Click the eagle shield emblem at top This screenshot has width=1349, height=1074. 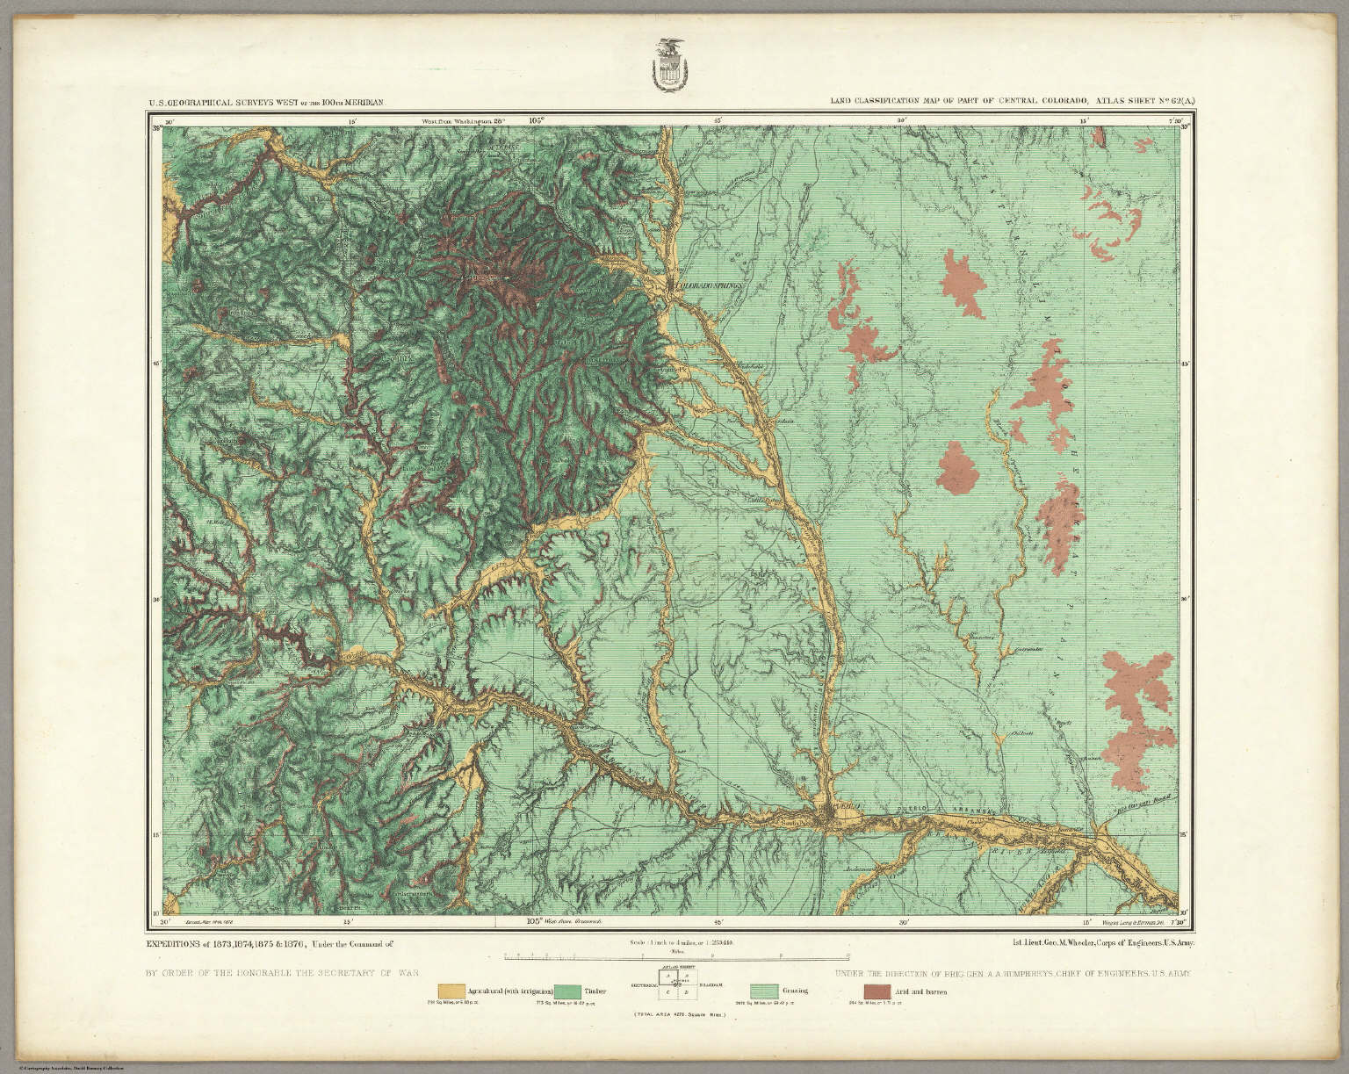[x=672, y=69]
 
